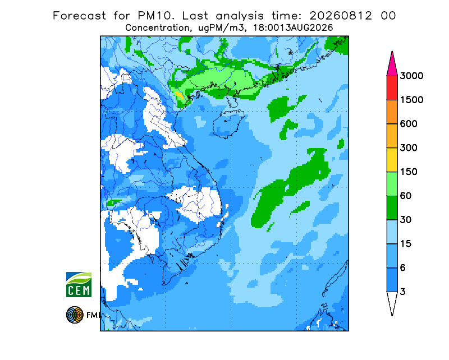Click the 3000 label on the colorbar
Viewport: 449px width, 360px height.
[411, 76]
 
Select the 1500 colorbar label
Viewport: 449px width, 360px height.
[411, 100]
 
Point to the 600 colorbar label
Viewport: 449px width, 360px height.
[409, 124]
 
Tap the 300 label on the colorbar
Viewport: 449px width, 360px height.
[409, 148]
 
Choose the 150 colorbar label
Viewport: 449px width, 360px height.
[409, 172]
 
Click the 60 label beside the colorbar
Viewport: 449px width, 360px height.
[405, 196]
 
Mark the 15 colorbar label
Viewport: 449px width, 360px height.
[405, 244]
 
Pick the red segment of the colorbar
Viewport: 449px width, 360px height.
[392, 88]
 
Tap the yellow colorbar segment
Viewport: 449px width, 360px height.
[392, 160]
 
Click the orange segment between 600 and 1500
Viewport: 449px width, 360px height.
[392, 112]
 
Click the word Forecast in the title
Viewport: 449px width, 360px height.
[79, 16]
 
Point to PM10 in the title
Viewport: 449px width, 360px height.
[155, 16]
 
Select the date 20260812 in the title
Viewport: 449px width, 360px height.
[341, 16]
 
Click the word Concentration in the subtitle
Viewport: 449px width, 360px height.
[157, 28]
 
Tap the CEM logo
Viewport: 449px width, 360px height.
[79, 284]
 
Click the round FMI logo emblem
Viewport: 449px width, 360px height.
[75, 315]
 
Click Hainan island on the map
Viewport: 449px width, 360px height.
[228, 124]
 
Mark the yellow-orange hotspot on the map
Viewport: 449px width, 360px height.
[180, 95]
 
